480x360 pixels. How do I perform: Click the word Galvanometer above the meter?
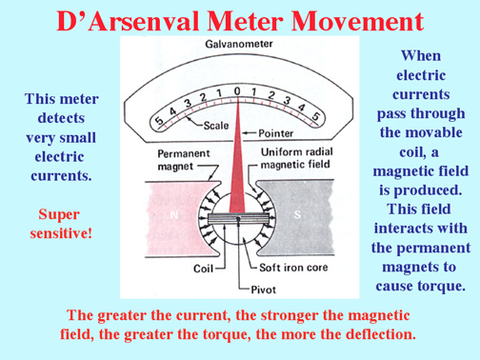239,44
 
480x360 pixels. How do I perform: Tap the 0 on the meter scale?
237,91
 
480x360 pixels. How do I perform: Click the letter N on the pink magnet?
174,215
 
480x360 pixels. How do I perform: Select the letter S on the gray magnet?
297,215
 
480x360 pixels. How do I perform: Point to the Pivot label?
263,290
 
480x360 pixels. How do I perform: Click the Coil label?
203,269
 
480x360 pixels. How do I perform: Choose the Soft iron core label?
293,268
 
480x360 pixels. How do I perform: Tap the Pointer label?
275,133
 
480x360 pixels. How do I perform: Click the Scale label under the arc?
216,126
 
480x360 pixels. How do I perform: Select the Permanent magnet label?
184,160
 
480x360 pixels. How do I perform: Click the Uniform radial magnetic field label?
296,158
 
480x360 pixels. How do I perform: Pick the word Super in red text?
59,215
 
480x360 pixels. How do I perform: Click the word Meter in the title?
246,21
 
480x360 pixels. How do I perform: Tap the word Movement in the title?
357,21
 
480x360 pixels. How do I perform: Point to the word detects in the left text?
61,118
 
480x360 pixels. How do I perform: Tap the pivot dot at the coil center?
238,218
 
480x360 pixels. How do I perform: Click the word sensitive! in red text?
61,233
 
